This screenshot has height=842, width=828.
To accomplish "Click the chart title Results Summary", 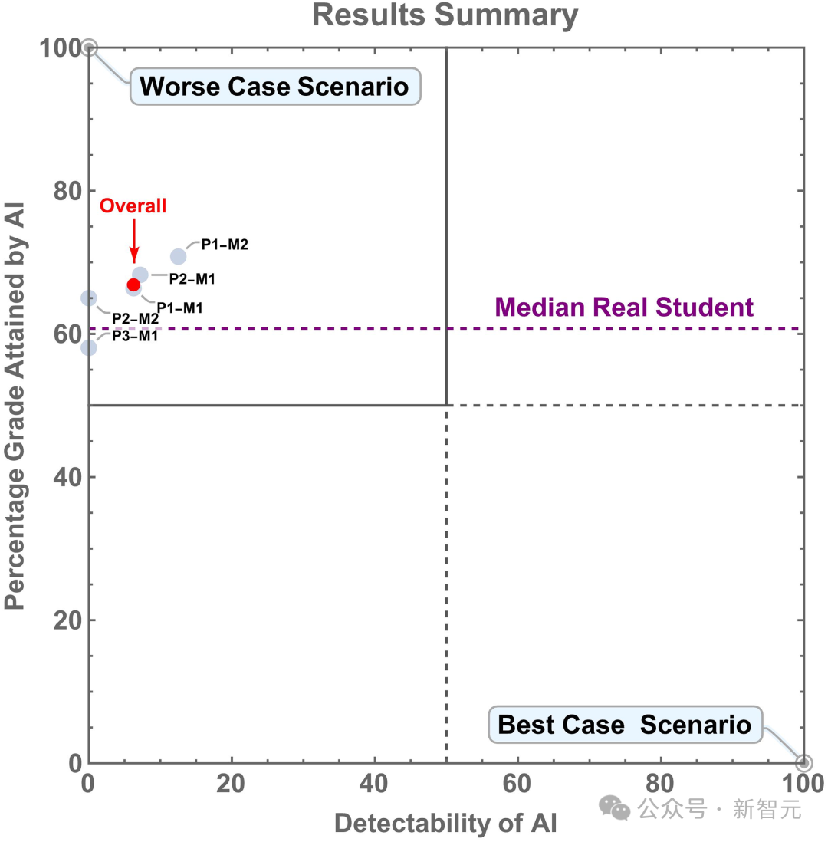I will [445, 15].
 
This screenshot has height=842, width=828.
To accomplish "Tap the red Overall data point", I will [133, 285].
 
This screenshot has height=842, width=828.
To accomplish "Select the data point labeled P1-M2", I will [178, 256].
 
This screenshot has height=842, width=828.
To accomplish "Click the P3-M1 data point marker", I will [89, 347].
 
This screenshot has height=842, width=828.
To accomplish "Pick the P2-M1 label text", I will [192, 279].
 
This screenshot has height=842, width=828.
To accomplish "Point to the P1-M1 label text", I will [179, 308].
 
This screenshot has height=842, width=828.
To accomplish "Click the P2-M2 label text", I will [135, 318].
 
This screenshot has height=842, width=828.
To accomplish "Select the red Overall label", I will [133, 206].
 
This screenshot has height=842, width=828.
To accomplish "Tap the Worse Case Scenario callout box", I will [275, 87].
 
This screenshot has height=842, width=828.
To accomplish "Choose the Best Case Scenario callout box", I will [625, 724].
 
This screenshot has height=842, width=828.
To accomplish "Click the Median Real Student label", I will [625, 308].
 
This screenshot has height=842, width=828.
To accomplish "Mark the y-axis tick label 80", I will [67, 191].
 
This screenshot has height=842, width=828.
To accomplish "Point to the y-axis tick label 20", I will [67, 620].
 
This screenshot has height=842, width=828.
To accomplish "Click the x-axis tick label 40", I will [375, 784].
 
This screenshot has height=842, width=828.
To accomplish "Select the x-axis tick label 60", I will [518, 784].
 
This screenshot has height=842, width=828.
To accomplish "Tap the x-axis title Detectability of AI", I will [445, 824].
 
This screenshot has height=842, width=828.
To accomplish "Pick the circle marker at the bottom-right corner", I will [803, 763].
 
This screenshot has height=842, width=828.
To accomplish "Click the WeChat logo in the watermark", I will [615, 807].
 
